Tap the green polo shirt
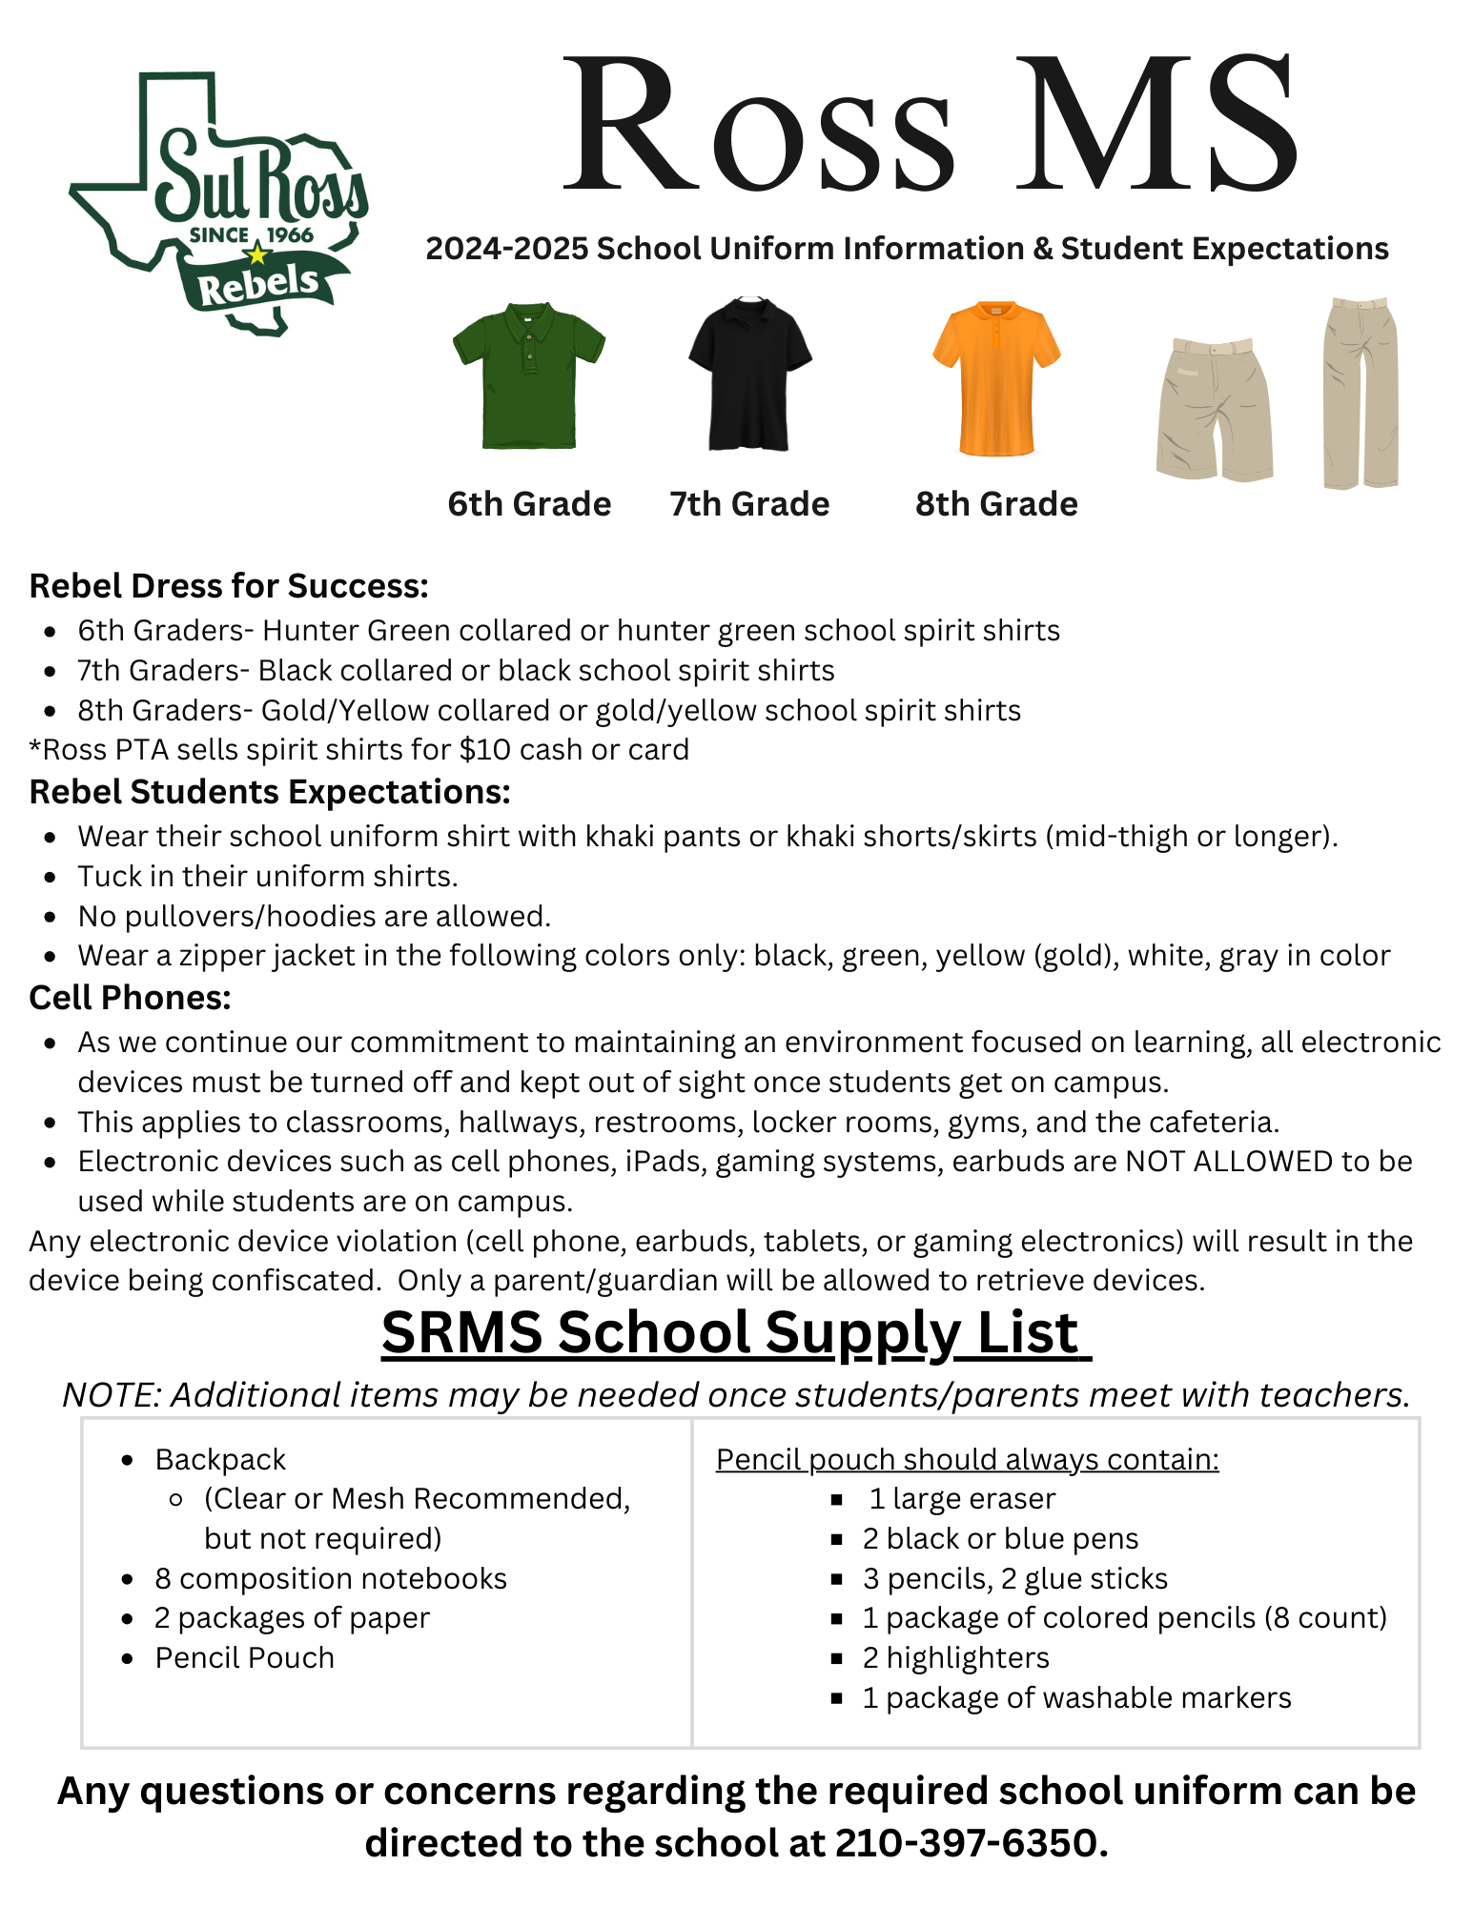528,376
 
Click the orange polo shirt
996,379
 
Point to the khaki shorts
1214,410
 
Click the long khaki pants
1360,393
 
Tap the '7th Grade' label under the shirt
749,504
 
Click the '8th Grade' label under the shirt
996,504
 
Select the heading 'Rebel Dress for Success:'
229,586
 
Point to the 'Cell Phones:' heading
131,998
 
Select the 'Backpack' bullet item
220,1459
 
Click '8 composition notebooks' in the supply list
331,1578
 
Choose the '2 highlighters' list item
955,1658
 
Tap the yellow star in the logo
256,254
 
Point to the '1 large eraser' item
961,1499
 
